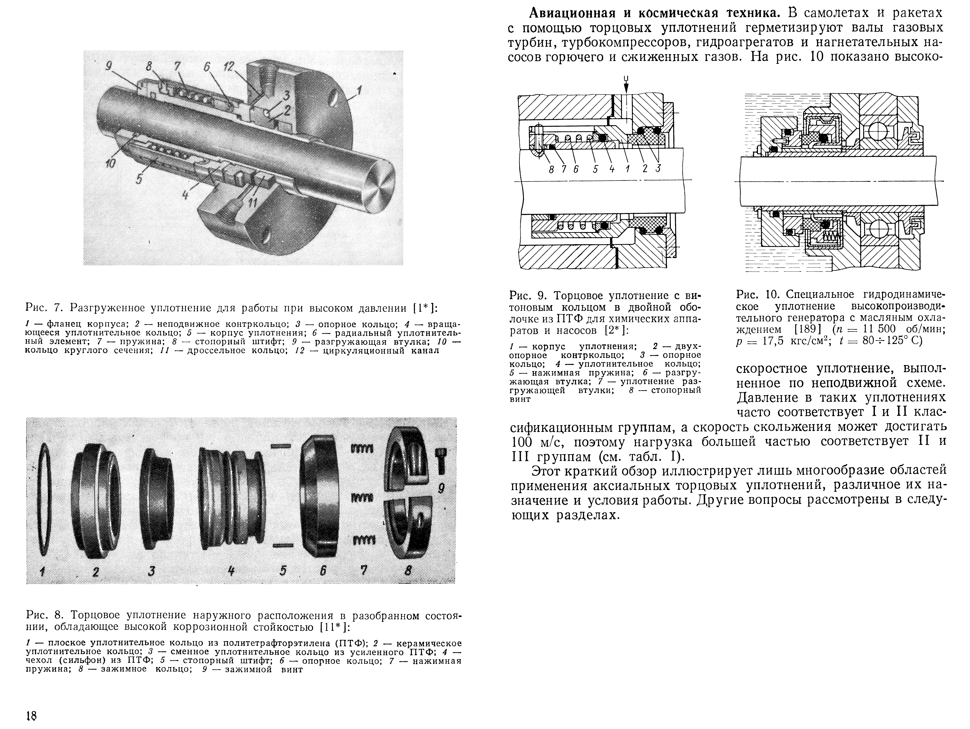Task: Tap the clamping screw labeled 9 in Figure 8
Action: click(x=441, y=461)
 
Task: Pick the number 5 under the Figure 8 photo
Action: click(x=283, y=571)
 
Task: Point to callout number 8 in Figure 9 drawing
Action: click(x=552, y=169)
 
